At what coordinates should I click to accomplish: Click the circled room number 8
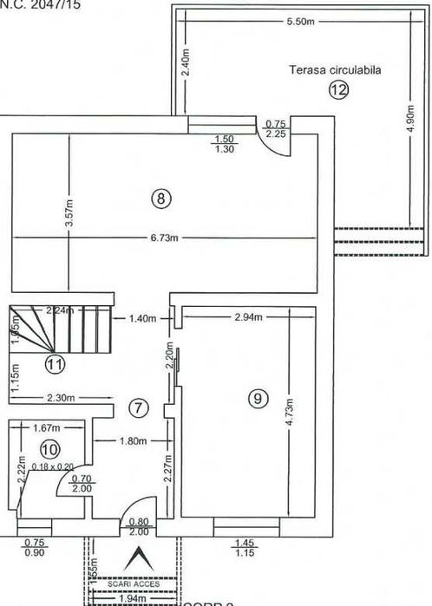point(161,199)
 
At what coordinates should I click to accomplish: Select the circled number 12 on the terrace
point(337,89)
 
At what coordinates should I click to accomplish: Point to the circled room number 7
point(137,407)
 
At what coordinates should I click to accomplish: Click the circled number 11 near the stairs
point(55,364)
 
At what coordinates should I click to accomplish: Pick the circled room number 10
point(49,449)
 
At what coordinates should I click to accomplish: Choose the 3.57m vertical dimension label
point(70,213)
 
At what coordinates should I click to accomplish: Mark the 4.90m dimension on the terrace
point(411,118)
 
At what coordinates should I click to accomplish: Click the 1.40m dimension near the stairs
point(142,318)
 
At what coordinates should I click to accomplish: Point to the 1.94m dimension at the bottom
point(132,598)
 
